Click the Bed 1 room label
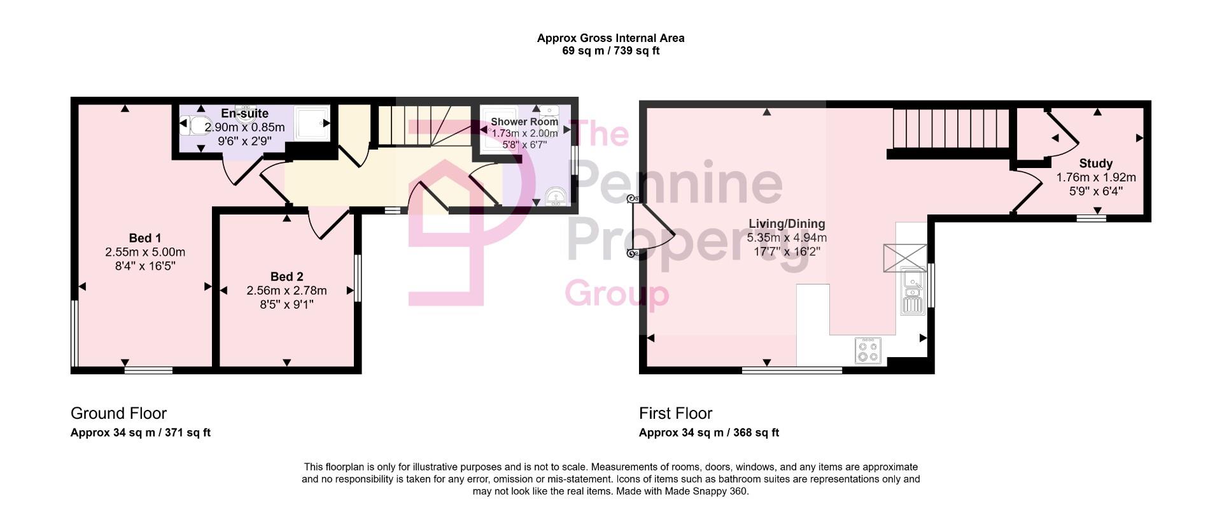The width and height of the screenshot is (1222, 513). (x=144, y=238)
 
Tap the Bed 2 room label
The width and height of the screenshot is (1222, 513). (x=286, y=276)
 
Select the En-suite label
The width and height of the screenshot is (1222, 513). (x=244, y=113)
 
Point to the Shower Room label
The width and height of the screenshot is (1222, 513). (x=524, y=122)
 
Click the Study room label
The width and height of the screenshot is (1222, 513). (x=1095, y=164)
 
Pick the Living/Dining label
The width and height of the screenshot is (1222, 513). (x=787, y=223)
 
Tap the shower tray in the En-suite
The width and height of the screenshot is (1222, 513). (x=312, y=122)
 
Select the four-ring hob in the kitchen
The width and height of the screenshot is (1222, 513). (x=869, y=350)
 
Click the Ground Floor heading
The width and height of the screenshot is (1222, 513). (x=118, y=413)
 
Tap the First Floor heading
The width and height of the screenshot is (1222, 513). (x=675, y=413)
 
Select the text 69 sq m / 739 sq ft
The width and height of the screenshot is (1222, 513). (x=610, y=51)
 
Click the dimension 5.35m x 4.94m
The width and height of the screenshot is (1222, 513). (x=787, y=237)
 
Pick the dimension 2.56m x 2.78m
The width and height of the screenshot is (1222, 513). (x=286, y=290)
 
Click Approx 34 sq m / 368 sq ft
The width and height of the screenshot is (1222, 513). (x=708, y=433)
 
